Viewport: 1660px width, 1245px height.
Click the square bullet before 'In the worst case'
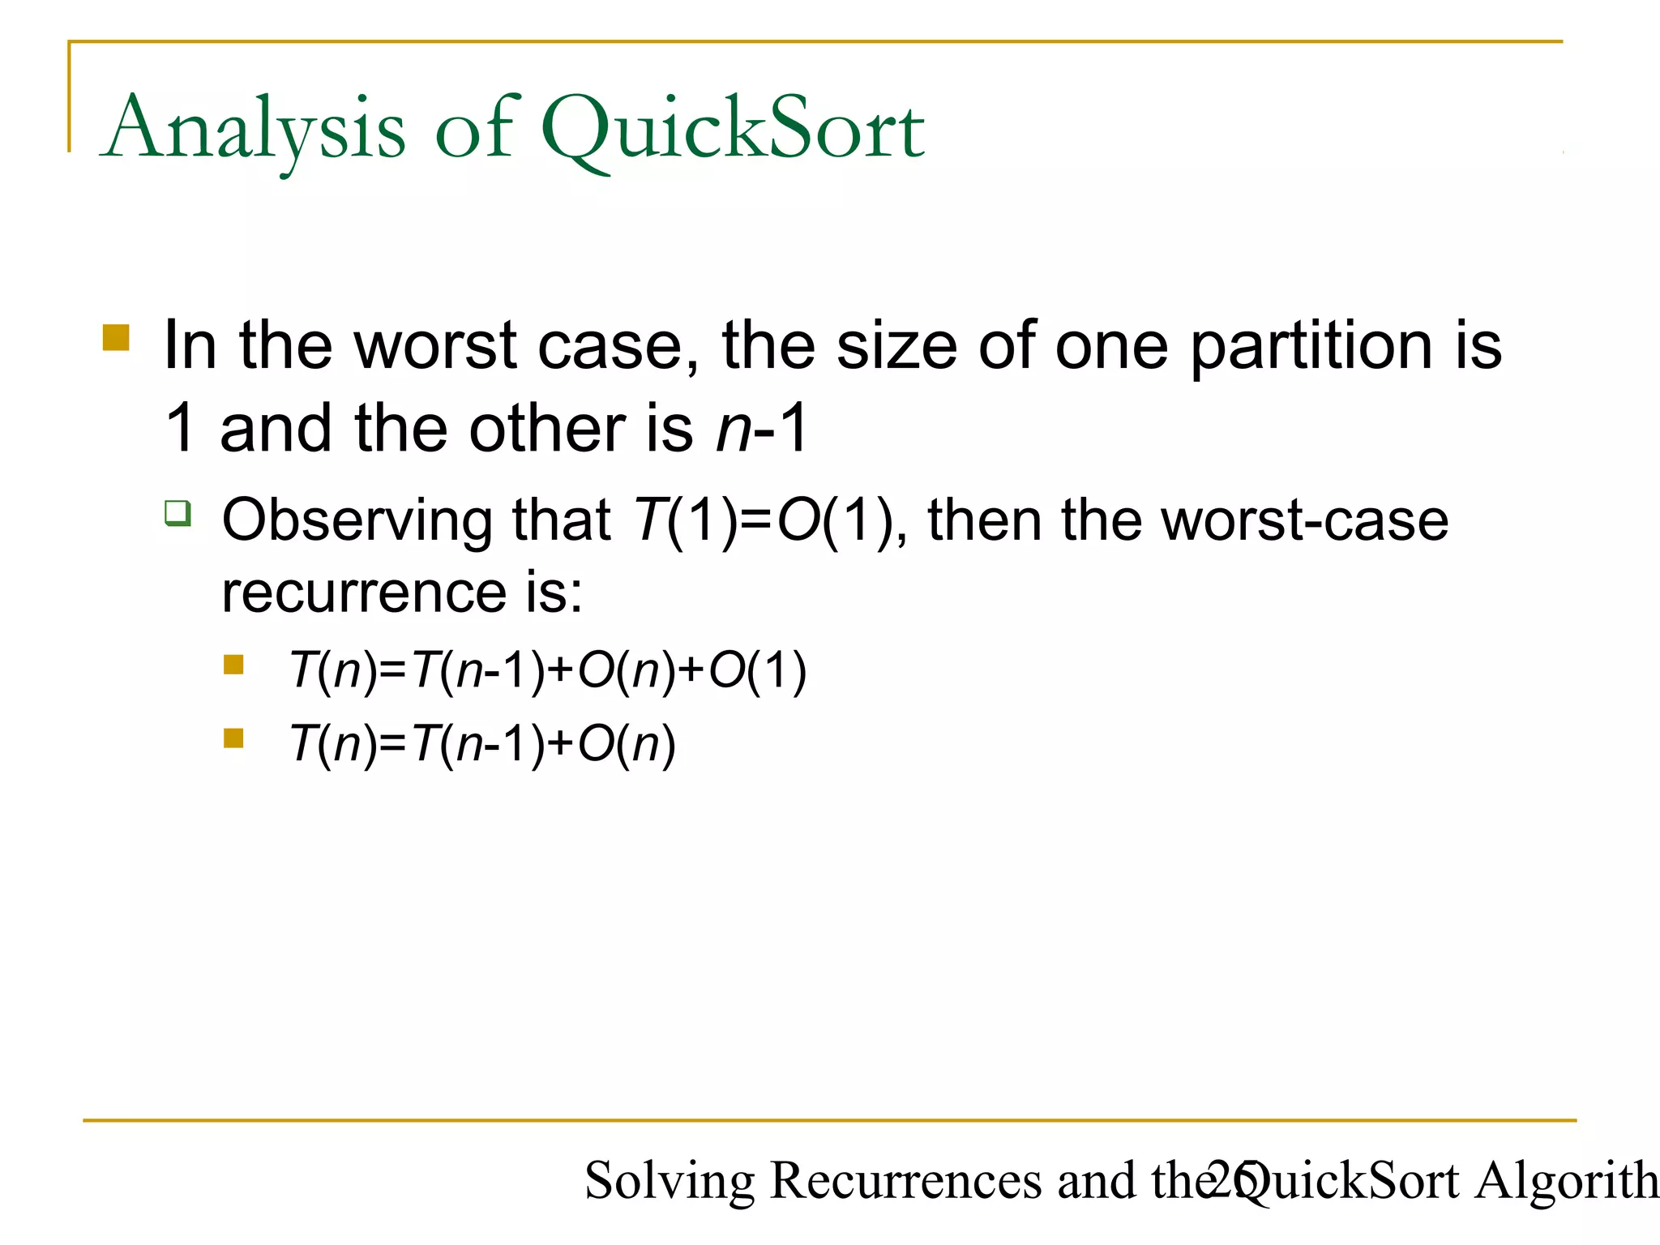116,337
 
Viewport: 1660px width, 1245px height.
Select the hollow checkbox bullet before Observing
178,513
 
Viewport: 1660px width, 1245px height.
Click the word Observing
356,520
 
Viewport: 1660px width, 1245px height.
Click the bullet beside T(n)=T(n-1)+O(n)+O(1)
233,665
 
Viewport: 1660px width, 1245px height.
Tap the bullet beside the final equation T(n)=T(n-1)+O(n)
233,738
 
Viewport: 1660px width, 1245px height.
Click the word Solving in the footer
670,1180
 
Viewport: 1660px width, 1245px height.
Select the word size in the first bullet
896,347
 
